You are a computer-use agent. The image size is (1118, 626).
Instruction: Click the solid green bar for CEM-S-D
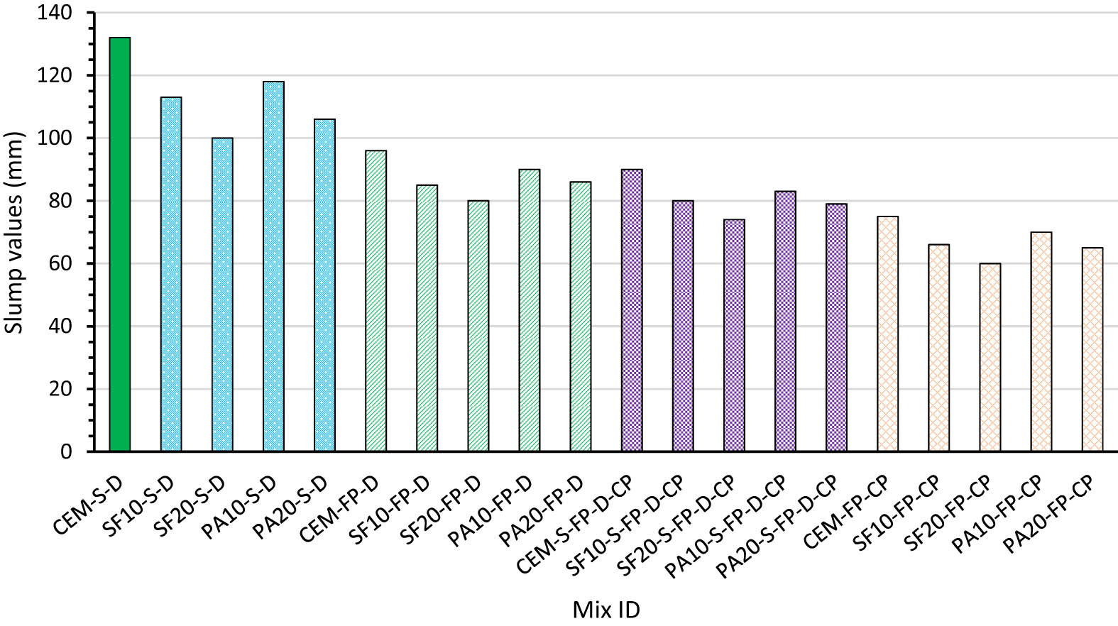120,245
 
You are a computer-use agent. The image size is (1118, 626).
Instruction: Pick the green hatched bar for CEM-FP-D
376,301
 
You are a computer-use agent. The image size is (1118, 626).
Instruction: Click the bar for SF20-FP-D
478,326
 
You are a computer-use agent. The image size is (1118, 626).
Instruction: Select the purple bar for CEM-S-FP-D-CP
632,310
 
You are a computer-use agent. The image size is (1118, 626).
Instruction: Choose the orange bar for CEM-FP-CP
887,334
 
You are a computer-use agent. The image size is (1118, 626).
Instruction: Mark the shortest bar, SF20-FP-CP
990,357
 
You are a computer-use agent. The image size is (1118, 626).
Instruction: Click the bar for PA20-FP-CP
1092,349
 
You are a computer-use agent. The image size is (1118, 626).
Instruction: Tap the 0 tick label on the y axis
66,452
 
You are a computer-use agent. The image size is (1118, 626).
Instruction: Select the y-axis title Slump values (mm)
15,232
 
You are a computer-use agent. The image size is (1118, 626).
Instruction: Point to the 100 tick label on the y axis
56,138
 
